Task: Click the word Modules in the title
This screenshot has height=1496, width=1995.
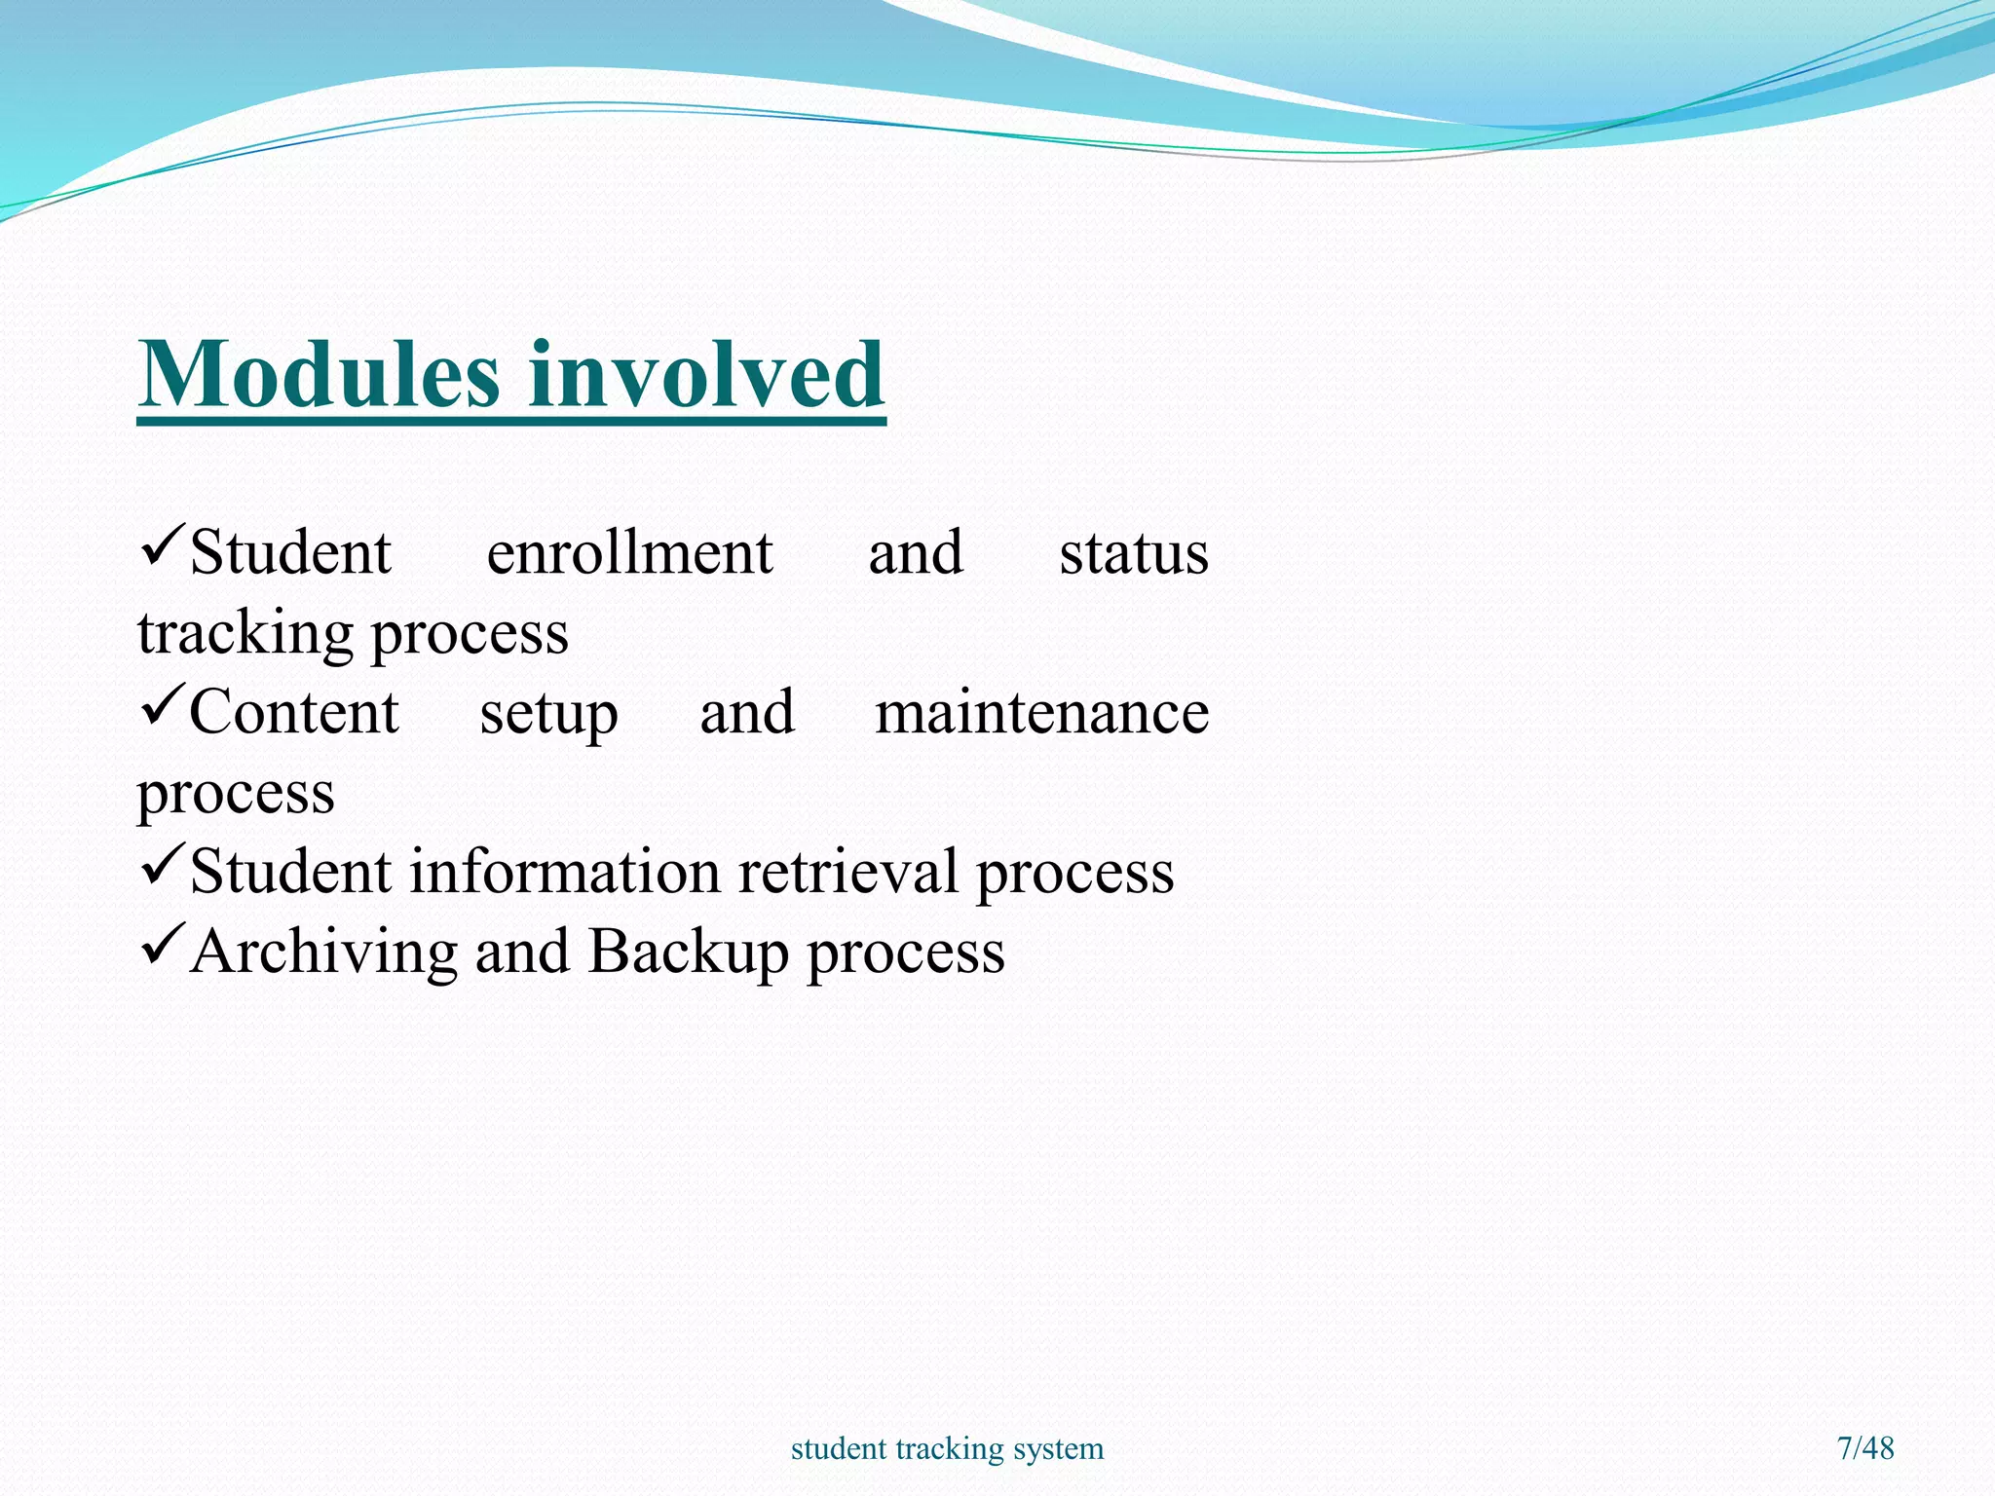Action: pyautogui.click(x=320, y=375)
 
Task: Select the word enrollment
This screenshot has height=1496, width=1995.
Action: pyautogui.click(x=629, y=553)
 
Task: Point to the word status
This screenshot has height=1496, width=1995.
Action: pyautogui.click(x=1133, y=553)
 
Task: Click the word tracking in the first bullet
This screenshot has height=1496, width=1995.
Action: pyautogui.click(x=245, y=634)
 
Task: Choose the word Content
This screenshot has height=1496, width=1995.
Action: pyautogui.click(x=293, y=712)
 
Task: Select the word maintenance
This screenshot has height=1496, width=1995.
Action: pyautogui.click(x=1041, y=712)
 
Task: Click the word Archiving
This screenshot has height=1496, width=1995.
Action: pyautogui.click(x=324, y=952)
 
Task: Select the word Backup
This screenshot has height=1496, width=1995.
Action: pyautogui.click(x=688, y=952)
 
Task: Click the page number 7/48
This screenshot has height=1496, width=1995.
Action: pyautogui.click(x=1864, y=1448)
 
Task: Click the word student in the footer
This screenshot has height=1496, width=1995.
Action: pyautogui.click(x=839, y=1448)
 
